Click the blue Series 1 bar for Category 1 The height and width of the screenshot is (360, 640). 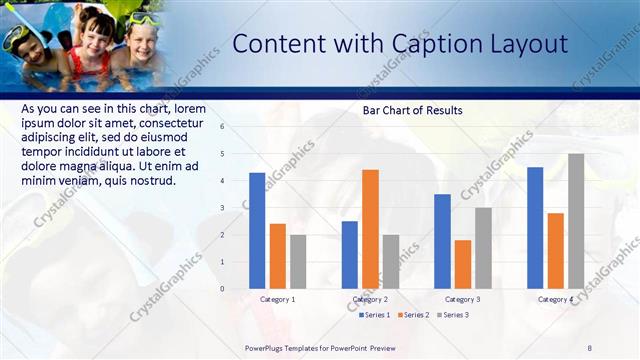257,230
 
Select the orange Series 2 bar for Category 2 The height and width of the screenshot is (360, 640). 370,229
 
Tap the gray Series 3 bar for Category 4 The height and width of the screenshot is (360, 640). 576,221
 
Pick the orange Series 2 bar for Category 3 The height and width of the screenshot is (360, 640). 463,264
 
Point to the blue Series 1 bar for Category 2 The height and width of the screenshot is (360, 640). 350,255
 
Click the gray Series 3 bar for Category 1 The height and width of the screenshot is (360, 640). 298,261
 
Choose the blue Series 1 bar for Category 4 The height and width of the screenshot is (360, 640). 535,227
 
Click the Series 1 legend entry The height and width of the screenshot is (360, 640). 375,315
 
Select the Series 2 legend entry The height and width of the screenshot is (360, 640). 414,315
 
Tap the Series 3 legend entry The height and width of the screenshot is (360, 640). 453,315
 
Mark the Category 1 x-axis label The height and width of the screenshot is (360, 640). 277,299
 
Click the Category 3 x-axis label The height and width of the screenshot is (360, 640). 462,299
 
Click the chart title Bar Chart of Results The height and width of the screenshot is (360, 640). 412,110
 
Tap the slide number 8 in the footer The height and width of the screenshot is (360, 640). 589,347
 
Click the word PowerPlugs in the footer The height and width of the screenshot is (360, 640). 268,347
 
